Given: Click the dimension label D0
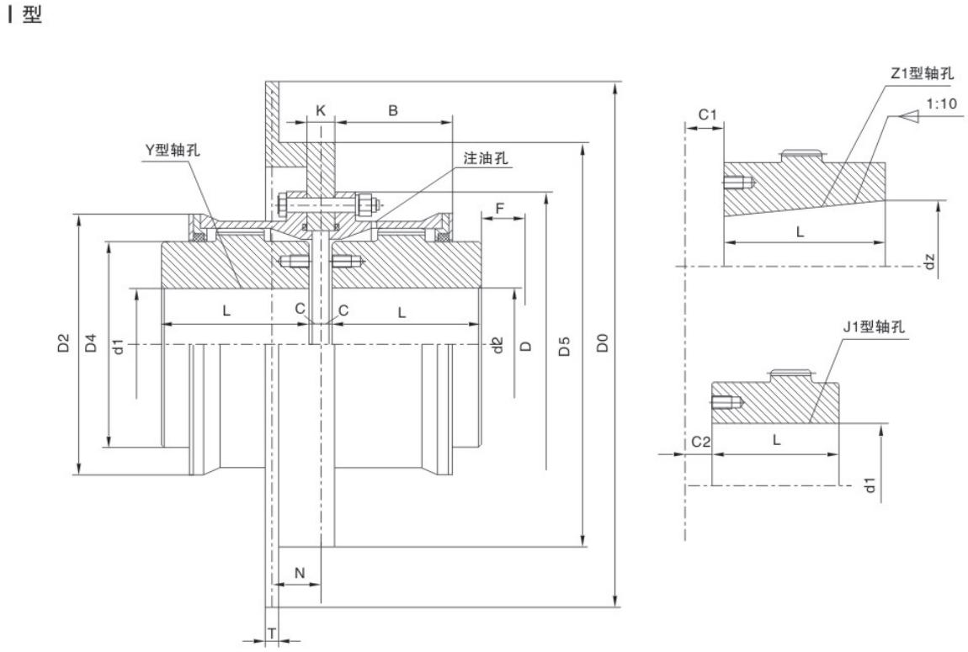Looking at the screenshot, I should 601,343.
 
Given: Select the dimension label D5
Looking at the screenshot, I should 565,343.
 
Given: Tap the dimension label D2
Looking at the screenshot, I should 62,343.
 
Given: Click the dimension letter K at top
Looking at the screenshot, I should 320,110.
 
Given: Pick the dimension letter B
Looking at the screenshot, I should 393,110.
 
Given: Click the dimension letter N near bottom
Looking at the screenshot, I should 299,572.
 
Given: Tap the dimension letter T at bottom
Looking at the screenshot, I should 272,631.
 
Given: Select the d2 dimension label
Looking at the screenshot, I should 497,343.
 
